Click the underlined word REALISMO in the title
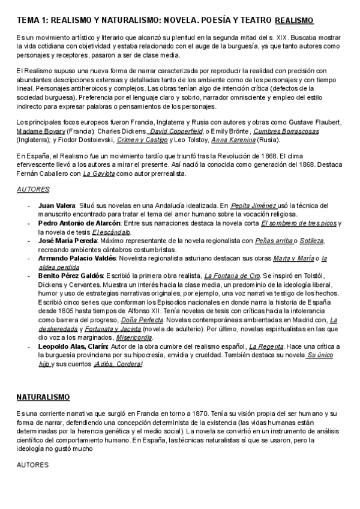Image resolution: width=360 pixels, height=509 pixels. pyautogui.click(x=294, y=20)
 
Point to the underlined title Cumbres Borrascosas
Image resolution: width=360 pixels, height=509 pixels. pyautogui.click(x=286, y=131)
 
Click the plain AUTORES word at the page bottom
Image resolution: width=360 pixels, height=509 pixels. pyautogui.click(x=32, y=465)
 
